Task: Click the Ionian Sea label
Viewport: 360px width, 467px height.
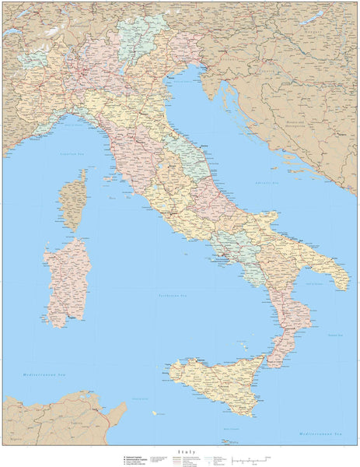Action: [x=334, y=335]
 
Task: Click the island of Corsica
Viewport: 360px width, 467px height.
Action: [x=75, y=200]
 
